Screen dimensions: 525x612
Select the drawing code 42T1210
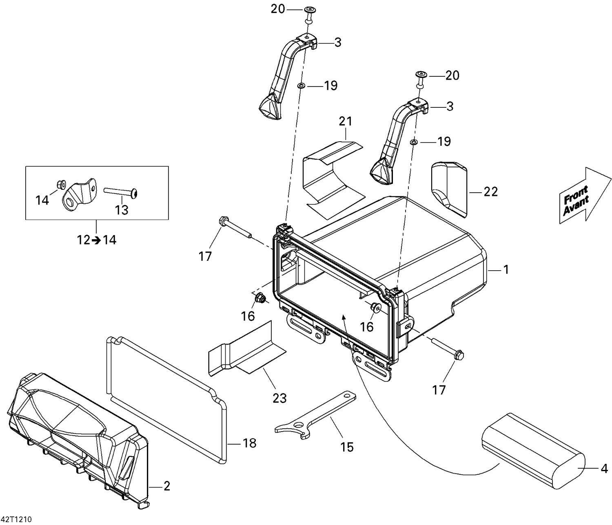(x=16, y=520)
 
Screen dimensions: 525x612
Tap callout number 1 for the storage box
(x=506, y=270)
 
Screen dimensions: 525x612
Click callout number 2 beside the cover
(x=166, y=486)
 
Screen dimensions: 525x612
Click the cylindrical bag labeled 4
(x=532, y=456)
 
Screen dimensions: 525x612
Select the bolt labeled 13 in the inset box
(x=121, y=191)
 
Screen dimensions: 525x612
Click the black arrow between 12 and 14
(x=96, y=240)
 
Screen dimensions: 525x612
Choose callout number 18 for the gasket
(x=249, y=443)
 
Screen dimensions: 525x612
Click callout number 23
(x=280, y=398)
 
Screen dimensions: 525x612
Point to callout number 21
(x=346, y=121)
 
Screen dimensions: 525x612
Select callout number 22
(x=490, y=191)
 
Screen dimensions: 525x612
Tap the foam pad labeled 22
(x=448, y=188)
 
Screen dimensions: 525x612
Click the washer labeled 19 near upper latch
(x=301, y=86)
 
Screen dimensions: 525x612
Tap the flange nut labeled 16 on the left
(x=259, y=299)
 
